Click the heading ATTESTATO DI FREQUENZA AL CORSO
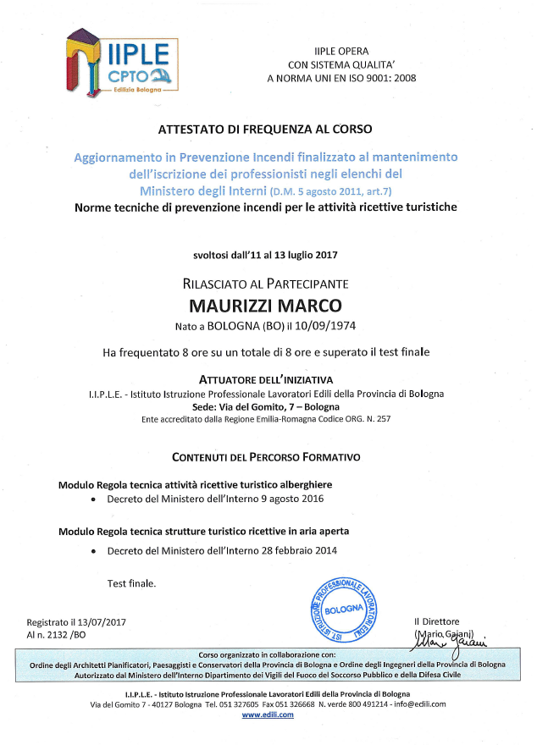pos(265,130)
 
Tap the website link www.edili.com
pos(268,715)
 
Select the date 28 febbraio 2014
pos(293,551)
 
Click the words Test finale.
pos(131,584)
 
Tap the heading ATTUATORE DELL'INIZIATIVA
pos(265,379)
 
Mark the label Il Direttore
pos(436,622)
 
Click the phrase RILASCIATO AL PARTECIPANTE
pos(265,284)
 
